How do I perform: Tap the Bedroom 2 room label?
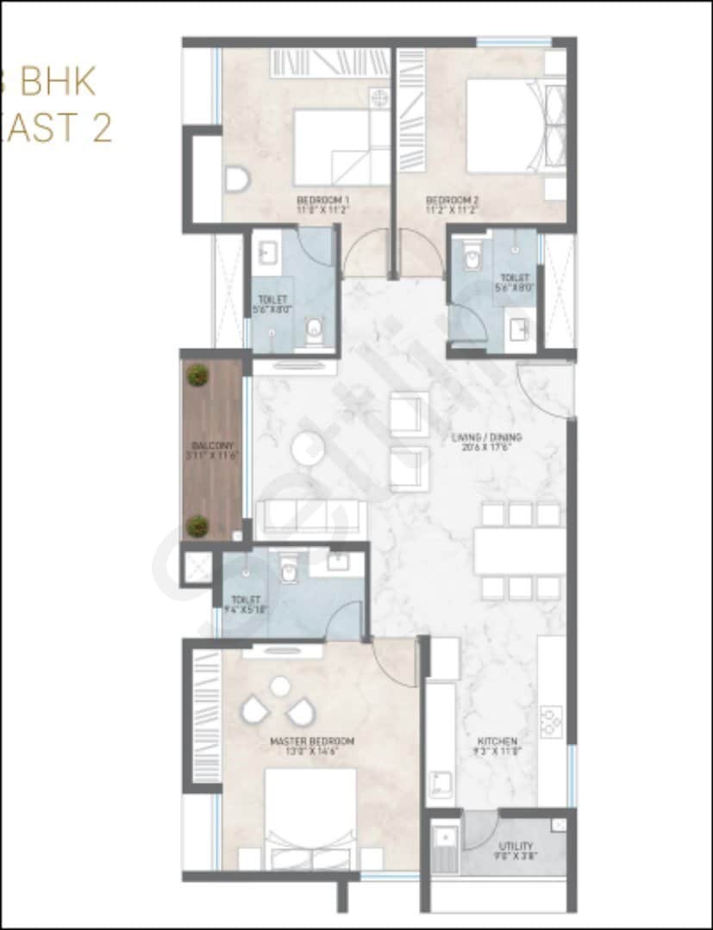(453, 199)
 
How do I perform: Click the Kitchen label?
(497, 741)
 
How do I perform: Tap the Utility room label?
(516, 846)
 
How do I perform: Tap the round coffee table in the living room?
(307, 449)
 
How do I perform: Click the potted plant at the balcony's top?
(198, 375)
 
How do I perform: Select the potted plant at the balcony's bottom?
(198, 525)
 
